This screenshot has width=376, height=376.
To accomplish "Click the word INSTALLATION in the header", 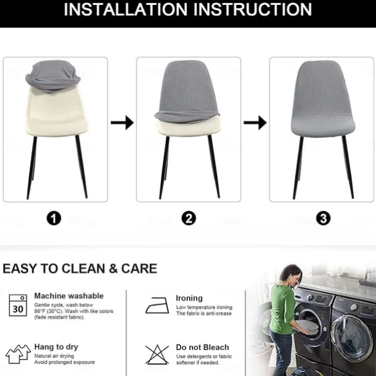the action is tap(125, 9).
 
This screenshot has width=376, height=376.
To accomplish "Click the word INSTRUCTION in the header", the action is tap(253, 9).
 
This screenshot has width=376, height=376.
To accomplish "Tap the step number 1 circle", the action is tap(54, 218).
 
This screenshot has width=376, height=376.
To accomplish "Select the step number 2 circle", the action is tap(189, 218).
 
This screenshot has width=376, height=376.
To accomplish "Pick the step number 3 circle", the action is tap(323, 218).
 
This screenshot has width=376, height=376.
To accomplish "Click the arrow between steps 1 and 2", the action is tap(122, 123).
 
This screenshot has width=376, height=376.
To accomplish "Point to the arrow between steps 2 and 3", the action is tap(255, 123).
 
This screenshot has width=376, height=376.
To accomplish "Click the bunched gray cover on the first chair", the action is tap(53, 76).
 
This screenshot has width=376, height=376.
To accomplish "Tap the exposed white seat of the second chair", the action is tap(189, 127).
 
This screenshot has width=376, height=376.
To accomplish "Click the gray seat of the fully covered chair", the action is tap(323, 126).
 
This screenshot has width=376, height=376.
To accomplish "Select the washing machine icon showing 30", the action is tap(18, 306).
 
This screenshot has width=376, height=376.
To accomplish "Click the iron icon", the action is tap(157, 306).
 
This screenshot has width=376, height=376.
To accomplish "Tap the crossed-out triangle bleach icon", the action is tap(157, 354).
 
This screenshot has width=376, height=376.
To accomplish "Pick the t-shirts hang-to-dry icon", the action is tap(18, 354).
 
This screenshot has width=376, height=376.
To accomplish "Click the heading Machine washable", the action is tap(69, 296).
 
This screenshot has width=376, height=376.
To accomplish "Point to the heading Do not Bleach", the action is tap(202, 347).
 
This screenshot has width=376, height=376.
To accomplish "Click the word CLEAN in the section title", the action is tap(83, 269).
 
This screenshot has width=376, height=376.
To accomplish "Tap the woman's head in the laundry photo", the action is tap(291, 275).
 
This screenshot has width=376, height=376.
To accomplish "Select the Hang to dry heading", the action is tap(56, 347).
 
